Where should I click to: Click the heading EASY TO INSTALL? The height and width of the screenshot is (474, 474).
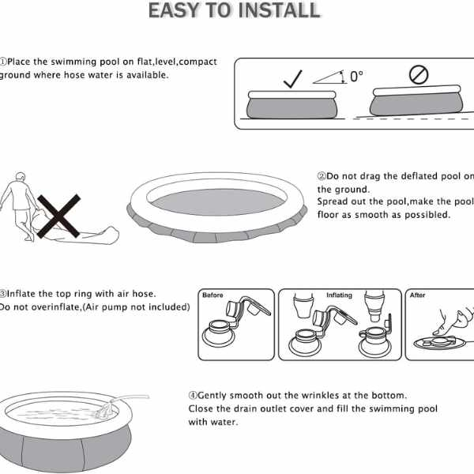(235, 10)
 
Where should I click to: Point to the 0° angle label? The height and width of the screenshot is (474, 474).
(357, 77)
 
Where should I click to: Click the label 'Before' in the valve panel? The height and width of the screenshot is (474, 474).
(213, 295)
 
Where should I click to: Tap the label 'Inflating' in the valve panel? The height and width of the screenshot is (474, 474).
(339, 295)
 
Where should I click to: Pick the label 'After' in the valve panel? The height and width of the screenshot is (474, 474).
(418, 295)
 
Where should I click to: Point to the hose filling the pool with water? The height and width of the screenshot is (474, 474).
(118, 405)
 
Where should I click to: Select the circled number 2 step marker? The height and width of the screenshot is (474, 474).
(322, 176)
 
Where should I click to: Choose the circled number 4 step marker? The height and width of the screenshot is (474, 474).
(192, 395)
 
